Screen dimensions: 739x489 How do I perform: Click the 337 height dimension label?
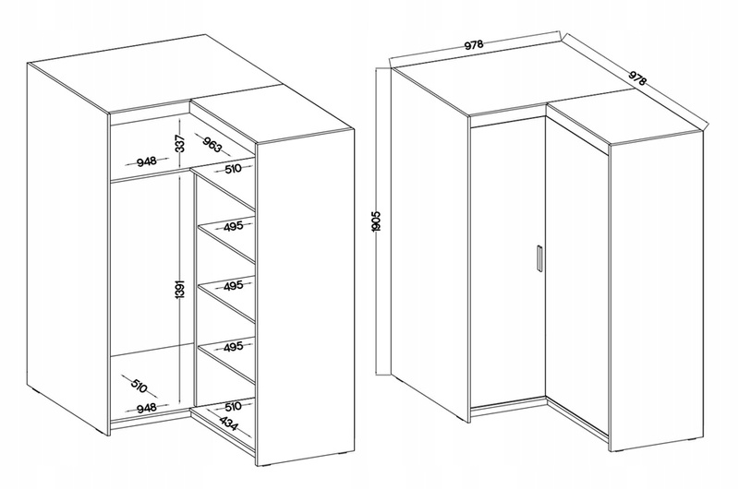point(179,143)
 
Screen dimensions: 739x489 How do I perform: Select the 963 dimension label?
point(212,144)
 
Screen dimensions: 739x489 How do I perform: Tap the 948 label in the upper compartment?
point(147,161)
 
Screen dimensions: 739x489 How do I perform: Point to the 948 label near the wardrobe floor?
point(147,408)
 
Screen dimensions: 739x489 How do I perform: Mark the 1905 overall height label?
point(376,221)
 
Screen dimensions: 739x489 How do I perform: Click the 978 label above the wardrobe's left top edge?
point(474,44)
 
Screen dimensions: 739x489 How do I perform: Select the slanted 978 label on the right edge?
point(637,78)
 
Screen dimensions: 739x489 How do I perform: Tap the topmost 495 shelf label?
point(233,226)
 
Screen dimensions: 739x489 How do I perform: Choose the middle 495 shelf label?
point(233,286)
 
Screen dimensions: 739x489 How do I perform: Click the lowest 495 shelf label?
point(233,347)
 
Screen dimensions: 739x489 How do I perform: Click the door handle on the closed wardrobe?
point(539,258)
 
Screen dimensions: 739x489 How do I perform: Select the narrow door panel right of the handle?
point(575,273)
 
